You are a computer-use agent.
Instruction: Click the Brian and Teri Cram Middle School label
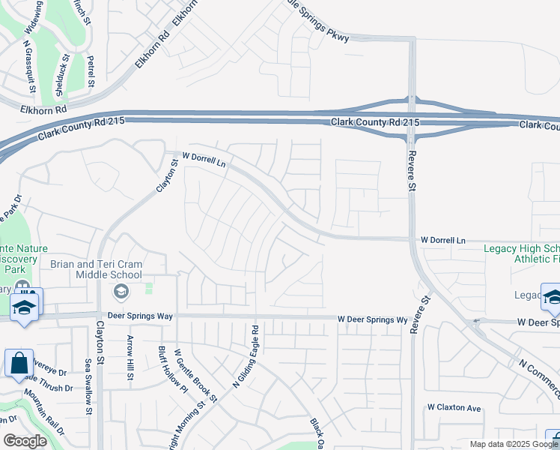107,269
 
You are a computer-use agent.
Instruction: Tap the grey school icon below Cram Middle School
120,290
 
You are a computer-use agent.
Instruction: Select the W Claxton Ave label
454,407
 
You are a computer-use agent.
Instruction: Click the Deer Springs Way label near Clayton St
140,316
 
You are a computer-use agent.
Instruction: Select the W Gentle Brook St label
195,374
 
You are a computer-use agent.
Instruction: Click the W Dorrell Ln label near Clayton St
204,159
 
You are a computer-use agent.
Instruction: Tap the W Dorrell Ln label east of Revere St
442,241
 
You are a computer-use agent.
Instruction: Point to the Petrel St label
90,70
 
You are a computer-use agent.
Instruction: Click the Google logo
25,441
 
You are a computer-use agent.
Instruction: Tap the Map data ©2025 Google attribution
513,444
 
